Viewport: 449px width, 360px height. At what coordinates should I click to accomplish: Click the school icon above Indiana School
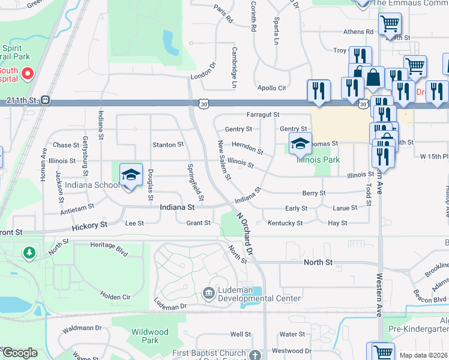131,175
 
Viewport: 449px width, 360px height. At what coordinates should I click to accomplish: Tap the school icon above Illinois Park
300,143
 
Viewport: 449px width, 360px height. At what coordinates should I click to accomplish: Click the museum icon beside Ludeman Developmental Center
208,293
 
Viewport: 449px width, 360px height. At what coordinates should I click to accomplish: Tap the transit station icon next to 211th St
46,100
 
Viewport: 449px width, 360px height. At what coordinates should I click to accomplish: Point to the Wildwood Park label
150,336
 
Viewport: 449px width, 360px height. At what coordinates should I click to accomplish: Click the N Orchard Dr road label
246,238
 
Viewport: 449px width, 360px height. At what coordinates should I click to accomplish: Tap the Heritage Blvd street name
109,245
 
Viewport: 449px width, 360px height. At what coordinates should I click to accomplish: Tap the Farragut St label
263,114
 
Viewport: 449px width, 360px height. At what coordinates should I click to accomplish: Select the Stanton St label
168,145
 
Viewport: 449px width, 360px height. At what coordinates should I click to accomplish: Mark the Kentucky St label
285,223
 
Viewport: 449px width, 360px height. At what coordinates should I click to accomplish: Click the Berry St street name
314,193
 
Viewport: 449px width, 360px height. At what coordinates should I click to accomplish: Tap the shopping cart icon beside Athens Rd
390,25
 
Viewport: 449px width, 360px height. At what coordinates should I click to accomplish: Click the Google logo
20,353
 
